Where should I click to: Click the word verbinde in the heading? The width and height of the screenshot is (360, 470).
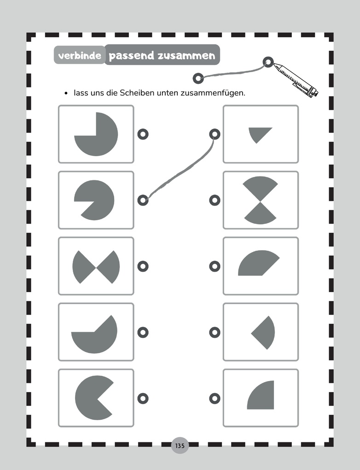(80, 56)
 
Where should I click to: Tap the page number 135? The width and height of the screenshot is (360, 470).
(180, 446)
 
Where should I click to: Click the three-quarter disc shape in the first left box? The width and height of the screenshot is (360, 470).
(96, 134)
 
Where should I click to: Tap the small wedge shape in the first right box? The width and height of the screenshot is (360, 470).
(260, 135)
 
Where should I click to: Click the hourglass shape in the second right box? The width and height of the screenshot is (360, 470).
(260, 200)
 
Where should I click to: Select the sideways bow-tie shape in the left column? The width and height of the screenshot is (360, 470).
(96, 267)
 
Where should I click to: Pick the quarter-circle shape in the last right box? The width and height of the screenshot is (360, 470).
(260, 395)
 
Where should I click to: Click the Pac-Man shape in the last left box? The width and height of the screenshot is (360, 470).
(94, 398)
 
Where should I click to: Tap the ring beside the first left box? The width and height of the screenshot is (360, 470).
(143, 134)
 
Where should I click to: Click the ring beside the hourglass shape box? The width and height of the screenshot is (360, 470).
(215, 200)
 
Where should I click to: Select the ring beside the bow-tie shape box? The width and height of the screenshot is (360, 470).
(143, 266)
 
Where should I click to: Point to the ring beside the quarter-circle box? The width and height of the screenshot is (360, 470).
(215, 399)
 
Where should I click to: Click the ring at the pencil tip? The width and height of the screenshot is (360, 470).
(268, 62)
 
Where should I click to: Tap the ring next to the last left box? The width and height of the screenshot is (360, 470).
(143, 399)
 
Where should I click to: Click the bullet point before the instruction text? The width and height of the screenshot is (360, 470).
(66, 93)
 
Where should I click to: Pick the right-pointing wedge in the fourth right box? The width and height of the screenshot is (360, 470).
(263, 333)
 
